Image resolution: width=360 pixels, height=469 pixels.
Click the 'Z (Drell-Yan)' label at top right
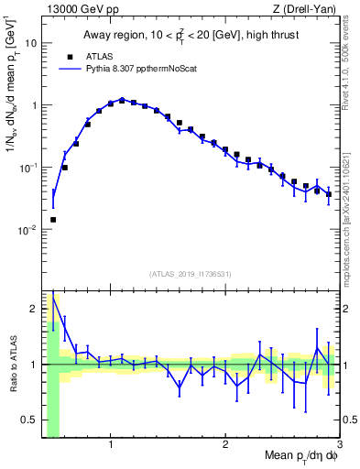[x=307, y=9]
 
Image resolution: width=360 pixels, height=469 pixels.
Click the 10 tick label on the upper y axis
[x=30, y=43]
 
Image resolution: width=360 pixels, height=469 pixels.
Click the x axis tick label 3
[x=339, y=445]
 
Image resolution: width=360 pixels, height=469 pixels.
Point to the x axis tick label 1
[x=111, y=445]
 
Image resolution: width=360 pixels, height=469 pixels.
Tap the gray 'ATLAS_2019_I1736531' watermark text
[x=191, y=274]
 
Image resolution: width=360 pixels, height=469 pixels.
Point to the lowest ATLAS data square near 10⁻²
[x=53, y=220]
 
